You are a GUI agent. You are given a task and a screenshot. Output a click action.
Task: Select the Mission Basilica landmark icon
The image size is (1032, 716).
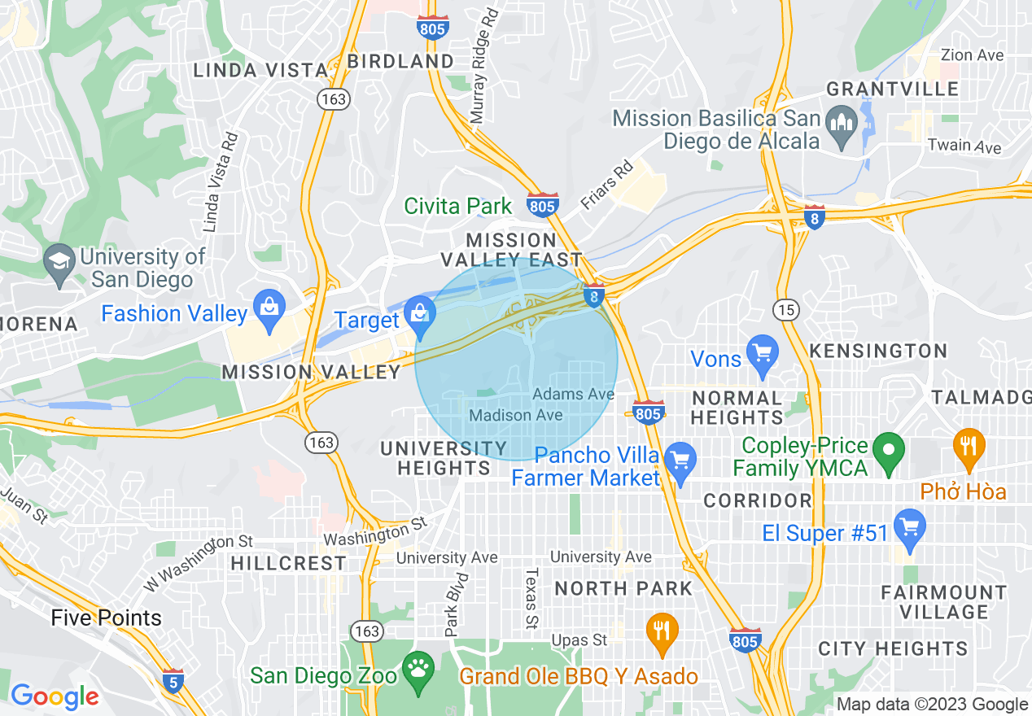tap(840, 124)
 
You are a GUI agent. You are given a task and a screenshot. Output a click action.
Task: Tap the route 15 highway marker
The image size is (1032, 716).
tap(787, 310)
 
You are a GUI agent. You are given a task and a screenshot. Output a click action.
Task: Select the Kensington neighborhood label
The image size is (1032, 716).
tap(879, 351)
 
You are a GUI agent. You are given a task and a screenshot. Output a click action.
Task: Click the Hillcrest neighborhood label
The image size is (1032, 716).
tap(288, 563)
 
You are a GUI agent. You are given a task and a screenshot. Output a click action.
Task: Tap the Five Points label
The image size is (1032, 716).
tap(106, 618)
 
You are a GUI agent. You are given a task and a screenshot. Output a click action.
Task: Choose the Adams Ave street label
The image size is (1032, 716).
tap(573, 394)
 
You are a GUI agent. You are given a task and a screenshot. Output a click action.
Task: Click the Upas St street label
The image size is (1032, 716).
tap(579, 640)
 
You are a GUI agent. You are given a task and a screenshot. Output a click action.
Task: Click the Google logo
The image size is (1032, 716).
tap(55, 696)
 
